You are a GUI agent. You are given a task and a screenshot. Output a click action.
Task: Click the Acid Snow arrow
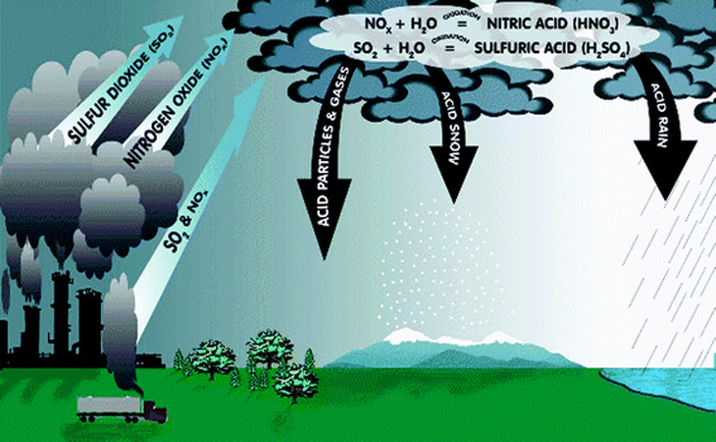454,138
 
